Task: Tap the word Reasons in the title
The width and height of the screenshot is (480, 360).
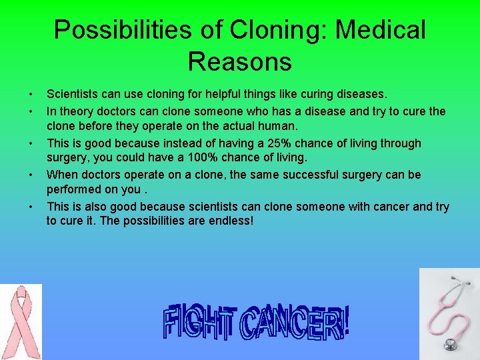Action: (x=240, y=61)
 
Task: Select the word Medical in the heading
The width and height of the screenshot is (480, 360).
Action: (x=383, y=29)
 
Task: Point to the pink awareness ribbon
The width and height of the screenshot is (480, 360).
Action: (x=21, y=321)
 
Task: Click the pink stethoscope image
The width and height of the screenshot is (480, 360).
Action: (x=449, y=313)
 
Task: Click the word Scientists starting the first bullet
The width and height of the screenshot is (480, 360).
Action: (x=73, y=95)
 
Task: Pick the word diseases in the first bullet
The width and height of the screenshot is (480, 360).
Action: (x=361, y=95)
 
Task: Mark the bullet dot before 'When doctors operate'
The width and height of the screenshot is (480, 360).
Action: (x=31, y=175)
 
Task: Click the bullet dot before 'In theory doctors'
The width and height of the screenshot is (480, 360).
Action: (x=31, y=111)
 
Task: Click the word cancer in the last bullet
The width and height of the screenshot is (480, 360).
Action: (x=392, y=207)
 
